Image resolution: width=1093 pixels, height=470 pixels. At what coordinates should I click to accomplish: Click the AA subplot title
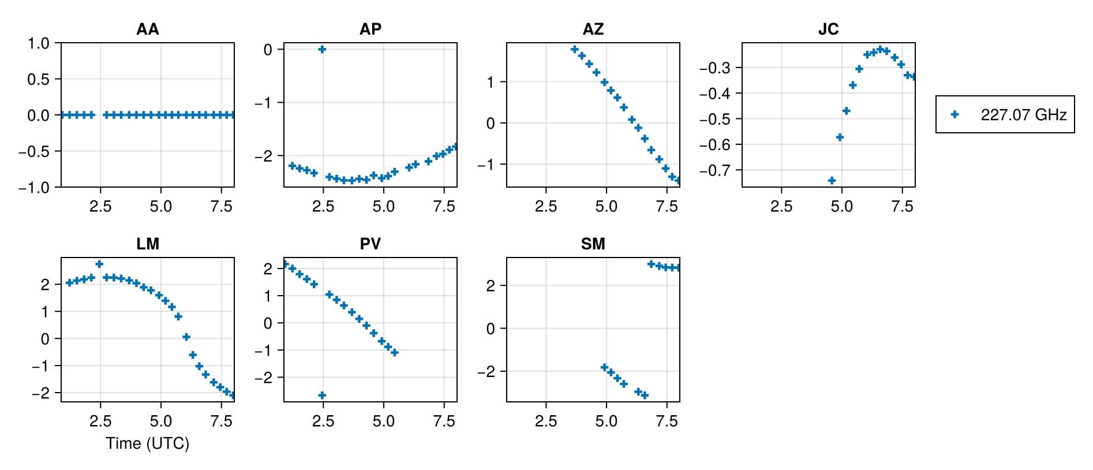point(147,29)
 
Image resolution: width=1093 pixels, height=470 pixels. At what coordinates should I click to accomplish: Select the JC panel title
point(828,29)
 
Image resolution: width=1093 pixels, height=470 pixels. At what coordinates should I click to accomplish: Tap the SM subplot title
point(593,244)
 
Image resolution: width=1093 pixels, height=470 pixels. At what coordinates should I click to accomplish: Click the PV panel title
point(370,244)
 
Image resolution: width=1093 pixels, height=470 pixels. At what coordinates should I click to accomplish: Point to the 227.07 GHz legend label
point(1023,115)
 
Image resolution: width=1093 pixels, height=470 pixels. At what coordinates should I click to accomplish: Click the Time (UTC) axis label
point(147,443)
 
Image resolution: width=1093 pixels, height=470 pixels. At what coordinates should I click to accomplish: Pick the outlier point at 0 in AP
point(322,49)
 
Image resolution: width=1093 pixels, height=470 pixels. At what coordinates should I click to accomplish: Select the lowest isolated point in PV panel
point(322,396)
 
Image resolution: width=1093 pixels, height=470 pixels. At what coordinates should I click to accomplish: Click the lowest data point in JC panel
point(832,181)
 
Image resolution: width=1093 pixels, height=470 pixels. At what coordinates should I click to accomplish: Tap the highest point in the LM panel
point(99,264)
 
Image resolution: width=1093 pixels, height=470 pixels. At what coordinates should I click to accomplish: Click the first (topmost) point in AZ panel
point(574,50)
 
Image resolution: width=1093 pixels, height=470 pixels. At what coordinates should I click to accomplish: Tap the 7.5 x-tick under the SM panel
point(667,421)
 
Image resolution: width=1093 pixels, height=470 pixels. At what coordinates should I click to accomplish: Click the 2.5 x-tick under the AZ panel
point(545,207)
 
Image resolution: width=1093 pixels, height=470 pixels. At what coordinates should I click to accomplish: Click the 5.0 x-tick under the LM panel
point(160,421)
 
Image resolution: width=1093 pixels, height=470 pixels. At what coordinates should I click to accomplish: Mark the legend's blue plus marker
point(954,115)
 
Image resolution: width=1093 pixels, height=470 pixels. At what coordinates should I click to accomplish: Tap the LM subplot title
point(147,244)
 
